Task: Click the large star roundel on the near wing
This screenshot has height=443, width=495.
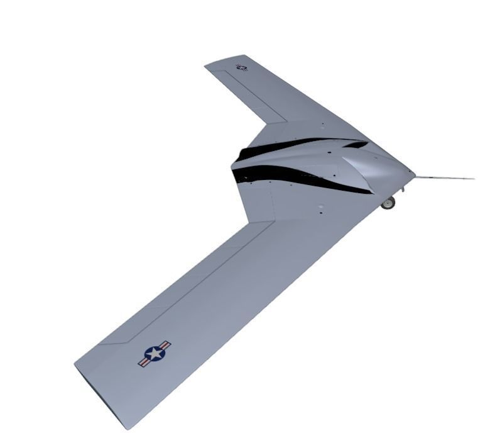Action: coord(155,354)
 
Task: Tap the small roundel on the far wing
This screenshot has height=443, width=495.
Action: coord(242,67)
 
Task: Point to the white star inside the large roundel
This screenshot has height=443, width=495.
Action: coord(154,354)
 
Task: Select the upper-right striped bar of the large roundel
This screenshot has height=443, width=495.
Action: coord(165,345)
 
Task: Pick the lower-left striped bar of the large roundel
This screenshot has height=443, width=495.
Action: coord(143,362)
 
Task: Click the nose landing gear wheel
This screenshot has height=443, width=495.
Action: coord(389,203)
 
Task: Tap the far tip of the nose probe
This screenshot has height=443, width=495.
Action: coord(473,179)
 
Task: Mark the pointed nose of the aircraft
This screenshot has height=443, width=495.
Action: coord(414,174)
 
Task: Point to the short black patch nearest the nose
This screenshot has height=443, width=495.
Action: coord(356,145)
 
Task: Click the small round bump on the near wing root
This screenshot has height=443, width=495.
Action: coord(320,206)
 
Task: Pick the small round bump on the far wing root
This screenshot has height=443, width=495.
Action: coord(322,125)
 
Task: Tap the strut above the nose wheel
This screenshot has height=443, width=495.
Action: coord(392,193)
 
